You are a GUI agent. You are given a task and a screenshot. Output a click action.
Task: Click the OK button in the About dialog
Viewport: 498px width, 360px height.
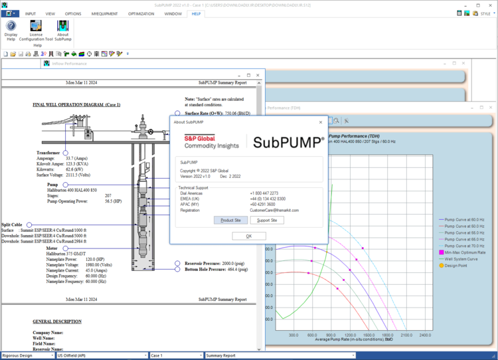[x=249, y=236]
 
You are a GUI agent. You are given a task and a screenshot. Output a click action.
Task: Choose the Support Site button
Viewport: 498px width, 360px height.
[x=268, y=220]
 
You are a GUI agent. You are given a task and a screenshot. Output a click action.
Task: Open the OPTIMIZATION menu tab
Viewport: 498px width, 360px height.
[x=141, y=13]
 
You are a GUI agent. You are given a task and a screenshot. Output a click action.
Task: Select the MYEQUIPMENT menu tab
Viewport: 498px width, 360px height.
[x=105, y=13]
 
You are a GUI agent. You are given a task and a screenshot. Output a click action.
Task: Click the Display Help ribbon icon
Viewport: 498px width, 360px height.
[x=11, y=30]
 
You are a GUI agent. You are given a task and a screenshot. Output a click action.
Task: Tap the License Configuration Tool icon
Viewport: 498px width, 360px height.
[x=36, y=31]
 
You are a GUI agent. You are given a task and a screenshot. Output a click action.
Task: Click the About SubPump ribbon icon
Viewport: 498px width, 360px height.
[x=62, y=31]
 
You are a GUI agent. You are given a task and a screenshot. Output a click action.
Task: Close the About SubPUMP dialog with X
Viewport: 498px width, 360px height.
[x=321, y=122]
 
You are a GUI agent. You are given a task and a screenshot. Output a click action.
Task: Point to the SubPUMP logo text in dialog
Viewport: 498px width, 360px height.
[x=288, y=141]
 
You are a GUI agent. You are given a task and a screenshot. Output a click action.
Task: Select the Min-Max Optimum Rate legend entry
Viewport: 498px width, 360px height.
[x=465, y=252]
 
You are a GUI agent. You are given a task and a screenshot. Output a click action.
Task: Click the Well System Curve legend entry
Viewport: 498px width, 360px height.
[x=463, y=259]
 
